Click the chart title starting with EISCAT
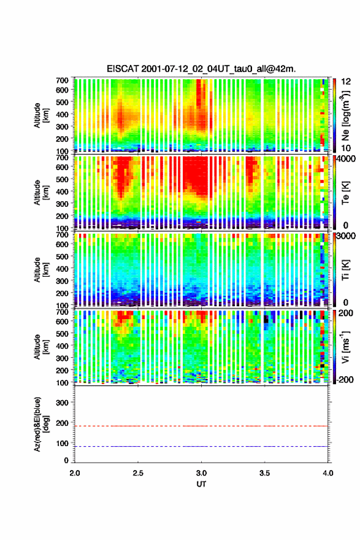tap(201, 69)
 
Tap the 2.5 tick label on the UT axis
tap(138, 473)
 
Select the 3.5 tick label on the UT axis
tap(264, 473)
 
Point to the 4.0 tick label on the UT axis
tap(327, 473)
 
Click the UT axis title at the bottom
tap(201, 484)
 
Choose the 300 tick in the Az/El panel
tap(63, 403)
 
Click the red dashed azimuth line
tap(201, 426)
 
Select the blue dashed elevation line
tap(201, 446)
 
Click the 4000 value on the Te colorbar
tap(347, 159)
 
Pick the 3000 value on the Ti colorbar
tap(347, 236)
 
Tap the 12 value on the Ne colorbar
tap(346, 82)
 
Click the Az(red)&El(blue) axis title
tap(41, 425)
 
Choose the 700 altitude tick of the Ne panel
tap(63, 80)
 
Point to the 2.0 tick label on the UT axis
tap(75, 473)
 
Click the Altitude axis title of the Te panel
tap(41, 192)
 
